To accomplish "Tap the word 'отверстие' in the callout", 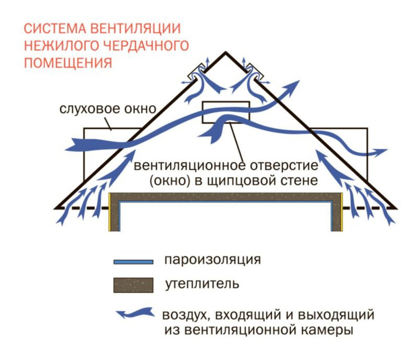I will click(x=285, y=167).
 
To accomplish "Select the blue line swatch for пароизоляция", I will click(x=133, y=262).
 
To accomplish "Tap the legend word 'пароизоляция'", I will click(x=211, y=260).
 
